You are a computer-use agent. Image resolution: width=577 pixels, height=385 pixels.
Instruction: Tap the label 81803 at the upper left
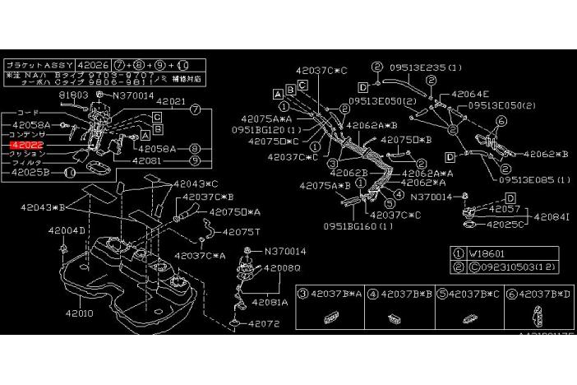(74, 95)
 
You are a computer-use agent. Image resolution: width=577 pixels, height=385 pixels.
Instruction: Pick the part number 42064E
(471, 93)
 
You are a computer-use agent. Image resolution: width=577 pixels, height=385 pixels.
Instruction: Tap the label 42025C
(506, 223)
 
